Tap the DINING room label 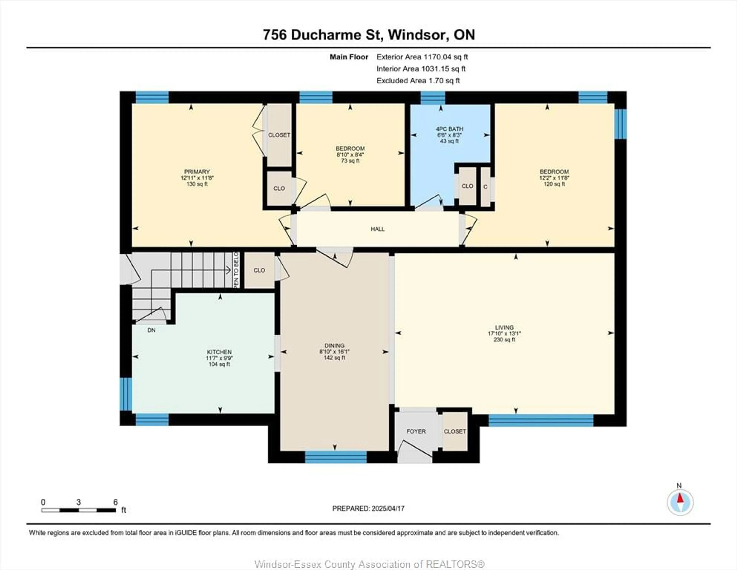click(334, 346)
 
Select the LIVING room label click(504, 327)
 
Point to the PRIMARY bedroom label click(197, 172)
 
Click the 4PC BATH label click(449, 129)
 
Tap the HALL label click(378, 229)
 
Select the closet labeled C click(485, 187)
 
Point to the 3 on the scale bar click(79, 502)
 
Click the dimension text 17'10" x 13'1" click(504, 333)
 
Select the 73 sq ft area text click(350, 161)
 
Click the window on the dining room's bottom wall click(336, 457)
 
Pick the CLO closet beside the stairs click(259, 270)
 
